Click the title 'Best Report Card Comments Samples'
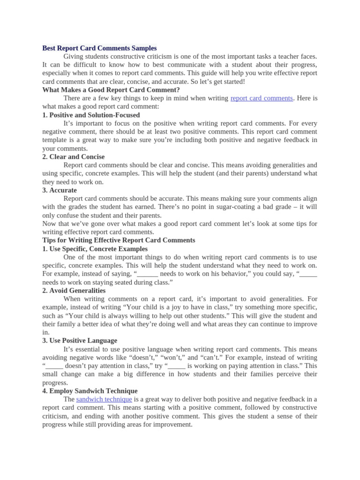(99, 48)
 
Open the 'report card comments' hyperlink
(262, 98)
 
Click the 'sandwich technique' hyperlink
(104, 399)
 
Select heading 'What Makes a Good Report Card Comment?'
(111, 90)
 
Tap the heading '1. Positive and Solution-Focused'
(91, 115)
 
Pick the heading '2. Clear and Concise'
(74, 157)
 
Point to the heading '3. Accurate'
(60, 190)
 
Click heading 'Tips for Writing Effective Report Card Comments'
(119, 240)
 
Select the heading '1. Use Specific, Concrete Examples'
(95, 249)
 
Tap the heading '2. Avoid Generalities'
(74, 291)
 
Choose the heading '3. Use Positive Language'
(80, 341)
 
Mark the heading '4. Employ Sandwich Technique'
(90, 391)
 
